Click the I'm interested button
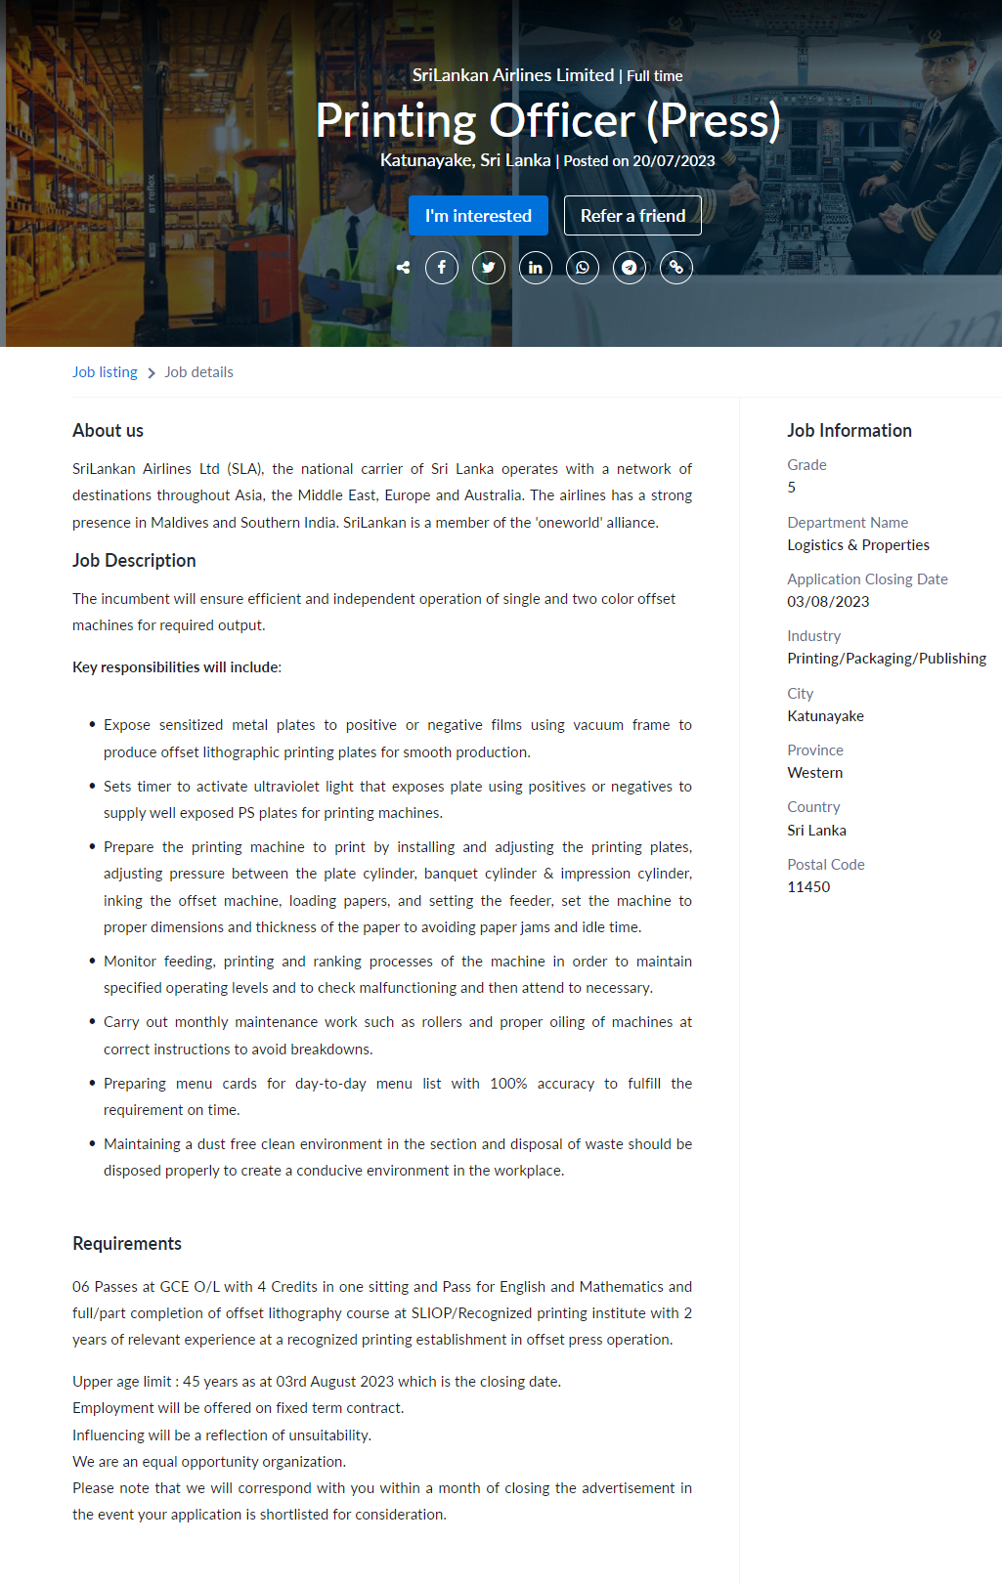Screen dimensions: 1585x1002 coord(478,216)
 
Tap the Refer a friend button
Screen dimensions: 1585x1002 coord(632,216)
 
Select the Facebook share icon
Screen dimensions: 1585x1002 coord(442,268)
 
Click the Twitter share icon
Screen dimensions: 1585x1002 coord(489,268)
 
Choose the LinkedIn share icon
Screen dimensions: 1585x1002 coord(536,268)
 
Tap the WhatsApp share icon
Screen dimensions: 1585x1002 coord(583,268)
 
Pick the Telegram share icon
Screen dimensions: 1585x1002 coord(630,268)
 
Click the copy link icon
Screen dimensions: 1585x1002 coord(676,268)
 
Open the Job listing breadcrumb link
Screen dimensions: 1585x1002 coord(105,372)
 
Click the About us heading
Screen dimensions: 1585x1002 coord(108,431)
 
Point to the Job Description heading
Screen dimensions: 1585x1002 coord(134,561)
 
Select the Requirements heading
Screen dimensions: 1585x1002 coord(127,1244)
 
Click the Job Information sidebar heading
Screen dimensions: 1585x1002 coord(850,431)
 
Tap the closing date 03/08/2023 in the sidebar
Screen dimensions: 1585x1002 coord(828,602)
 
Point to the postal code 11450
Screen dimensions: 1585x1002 coord(808,887)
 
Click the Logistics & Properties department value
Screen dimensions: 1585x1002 coord(858,545)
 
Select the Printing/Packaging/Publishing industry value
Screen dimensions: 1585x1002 coord(887,659)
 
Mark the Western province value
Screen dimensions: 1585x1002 coord(815,773)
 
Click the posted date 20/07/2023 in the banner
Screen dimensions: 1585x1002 coord(674,161)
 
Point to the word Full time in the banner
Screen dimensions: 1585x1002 coord(655,76)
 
